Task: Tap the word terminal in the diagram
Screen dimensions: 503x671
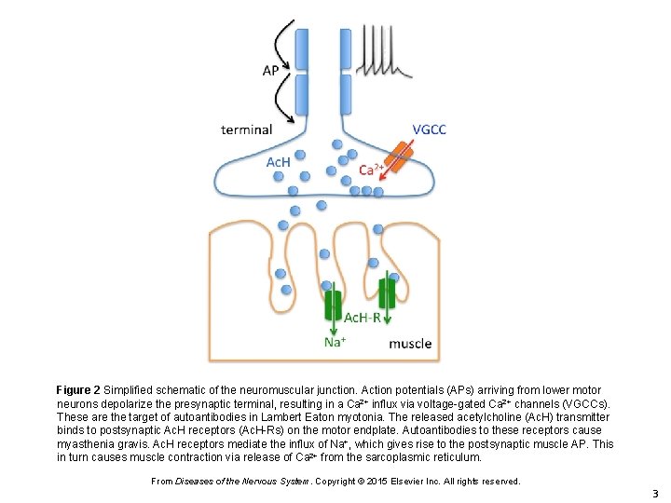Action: tap(246, 129)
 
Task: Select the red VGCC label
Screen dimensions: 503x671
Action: tap(429, 129)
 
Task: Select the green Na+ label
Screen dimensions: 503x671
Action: tap(335, 342)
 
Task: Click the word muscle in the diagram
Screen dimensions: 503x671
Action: tap(410, 344)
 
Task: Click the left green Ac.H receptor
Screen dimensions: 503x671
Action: tap(333, 305)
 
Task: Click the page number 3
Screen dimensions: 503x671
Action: tap(655, 494)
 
